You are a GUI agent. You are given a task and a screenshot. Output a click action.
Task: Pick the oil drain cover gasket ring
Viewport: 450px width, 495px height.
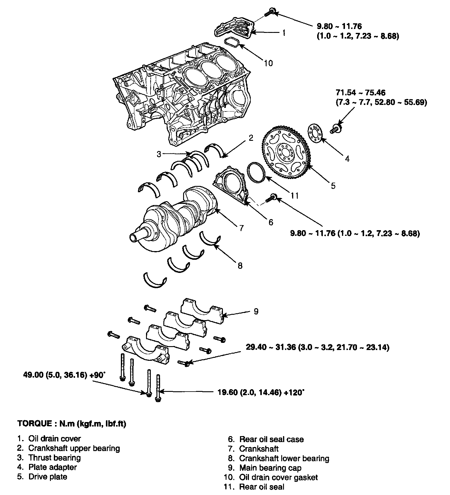coord(232,42)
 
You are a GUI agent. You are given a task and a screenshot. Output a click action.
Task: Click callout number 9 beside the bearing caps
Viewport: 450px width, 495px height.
coord(256,311)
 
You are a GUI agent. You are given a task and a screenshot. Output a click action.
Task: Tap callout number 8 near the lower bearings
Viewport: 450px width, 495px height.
coord(240,265)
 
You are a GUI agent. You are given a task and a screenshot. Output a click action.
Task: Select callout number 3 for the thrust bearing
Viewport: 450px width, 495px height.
coord(159,154)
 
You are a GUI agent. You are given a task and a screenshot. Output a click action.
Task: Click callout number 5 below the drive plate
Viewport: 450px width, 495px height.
coord(333,186)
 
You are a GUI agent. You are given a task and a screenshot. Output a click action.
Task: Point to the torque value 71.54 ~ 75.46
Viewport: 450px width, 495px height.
coord(360,93)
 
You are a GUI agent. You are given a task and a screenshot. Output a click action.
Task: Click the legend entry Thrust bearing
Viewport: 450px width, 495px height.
coord(54,458)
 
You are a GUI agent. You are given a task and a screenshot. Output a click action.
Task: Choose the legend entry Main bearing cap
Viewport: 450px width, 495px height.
coord(270,468)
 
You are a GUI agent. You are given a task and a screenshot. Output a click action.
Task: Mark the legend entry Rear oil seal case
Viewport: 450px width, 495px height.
coord(271,439)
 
